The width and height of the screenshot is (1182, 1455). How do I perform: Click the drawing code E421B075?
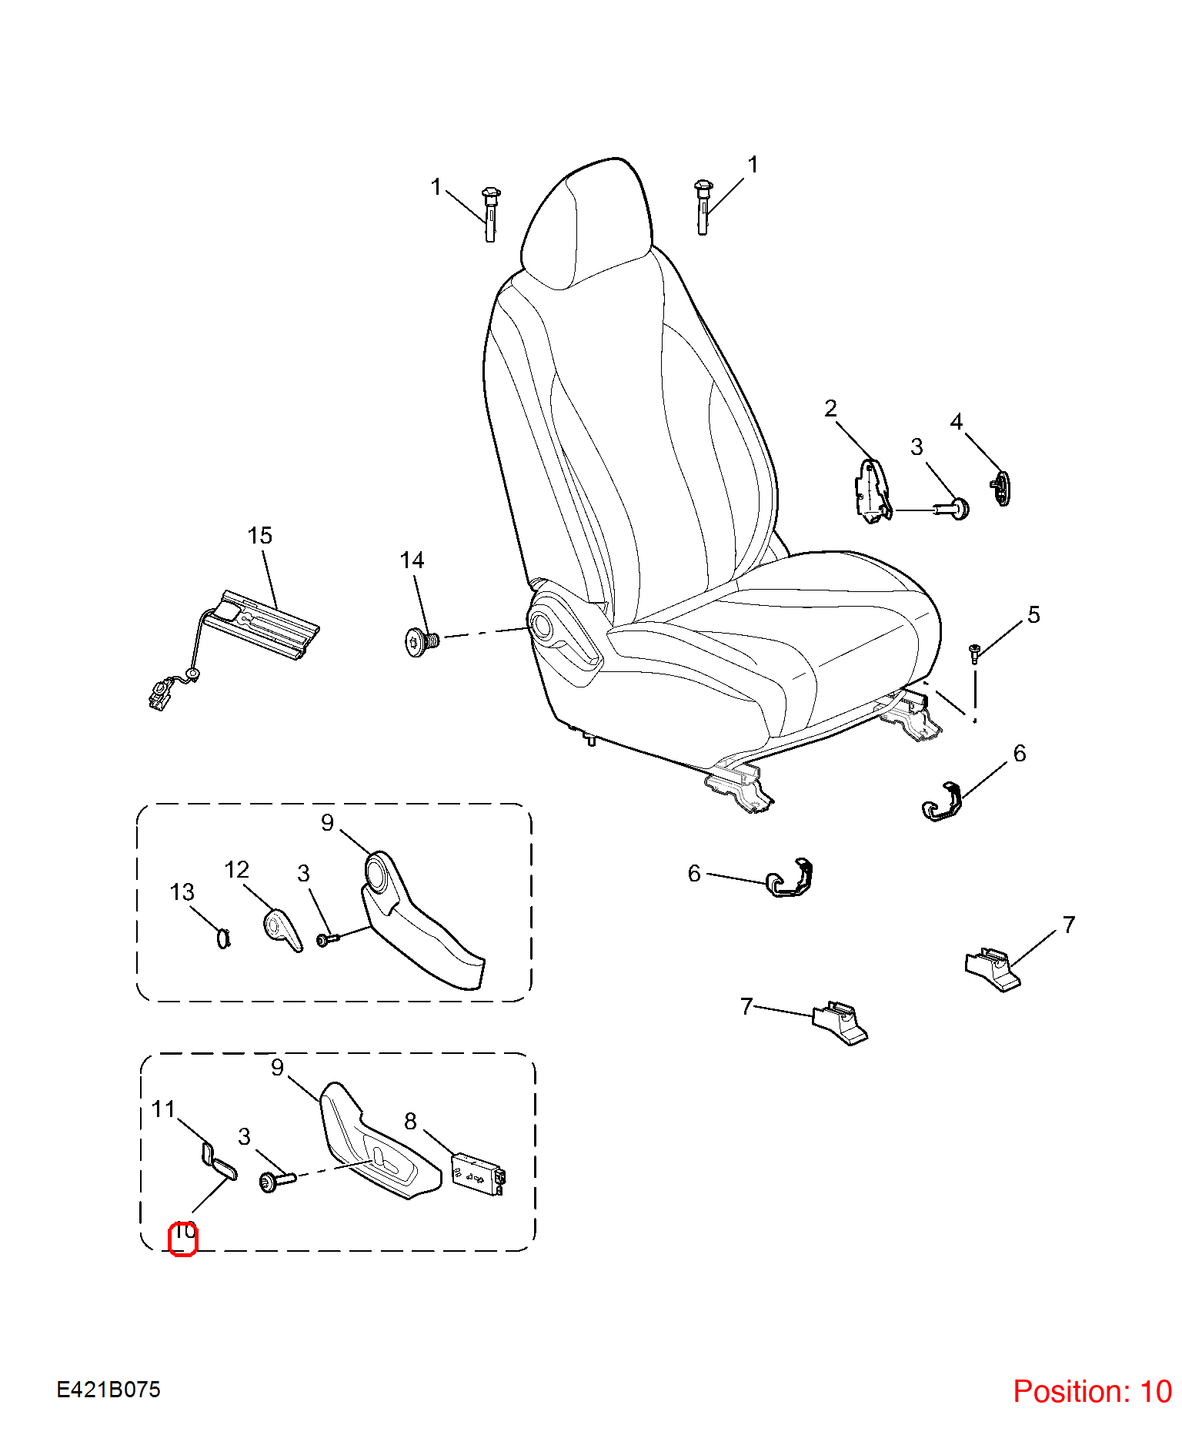pos(109,1390)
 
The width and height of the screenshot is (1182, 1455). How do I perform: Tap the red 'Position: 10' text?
pos(1092,1391)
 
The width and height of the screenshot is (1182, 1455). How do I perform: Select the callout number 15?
pos(260,536)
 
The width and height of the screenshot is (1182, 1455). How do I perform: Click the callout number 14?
pos(412,560)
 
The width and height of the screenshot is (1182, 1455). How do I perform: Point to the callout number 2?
pos(830,408)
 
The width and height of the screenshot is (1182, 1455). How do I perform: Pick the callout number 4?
pos(957,421)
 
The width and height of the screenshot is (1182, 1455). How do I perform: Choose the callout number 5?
pos(1033,614)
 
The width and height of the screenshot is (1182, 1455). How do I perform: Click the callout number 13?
pos(182,892)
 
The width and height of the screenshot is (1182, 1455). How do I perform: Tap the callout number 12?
pos(237,870)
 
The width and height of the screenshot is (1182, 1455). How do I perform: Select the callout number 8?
pos(410,1121)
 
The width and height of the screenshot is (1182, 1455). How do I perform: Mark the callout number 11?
pos(164,1109)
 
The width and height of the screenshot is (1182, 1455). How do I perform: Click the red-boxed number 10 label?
pos(183,1239)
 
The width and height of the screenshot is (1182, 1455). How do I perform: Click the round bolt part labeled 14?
pos(421,641)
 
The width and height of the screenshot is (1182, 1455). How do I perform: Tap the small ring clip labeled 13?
pos(223,938)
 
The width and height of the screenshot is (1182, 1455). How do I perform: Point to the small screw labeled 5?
pos(974,654)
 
